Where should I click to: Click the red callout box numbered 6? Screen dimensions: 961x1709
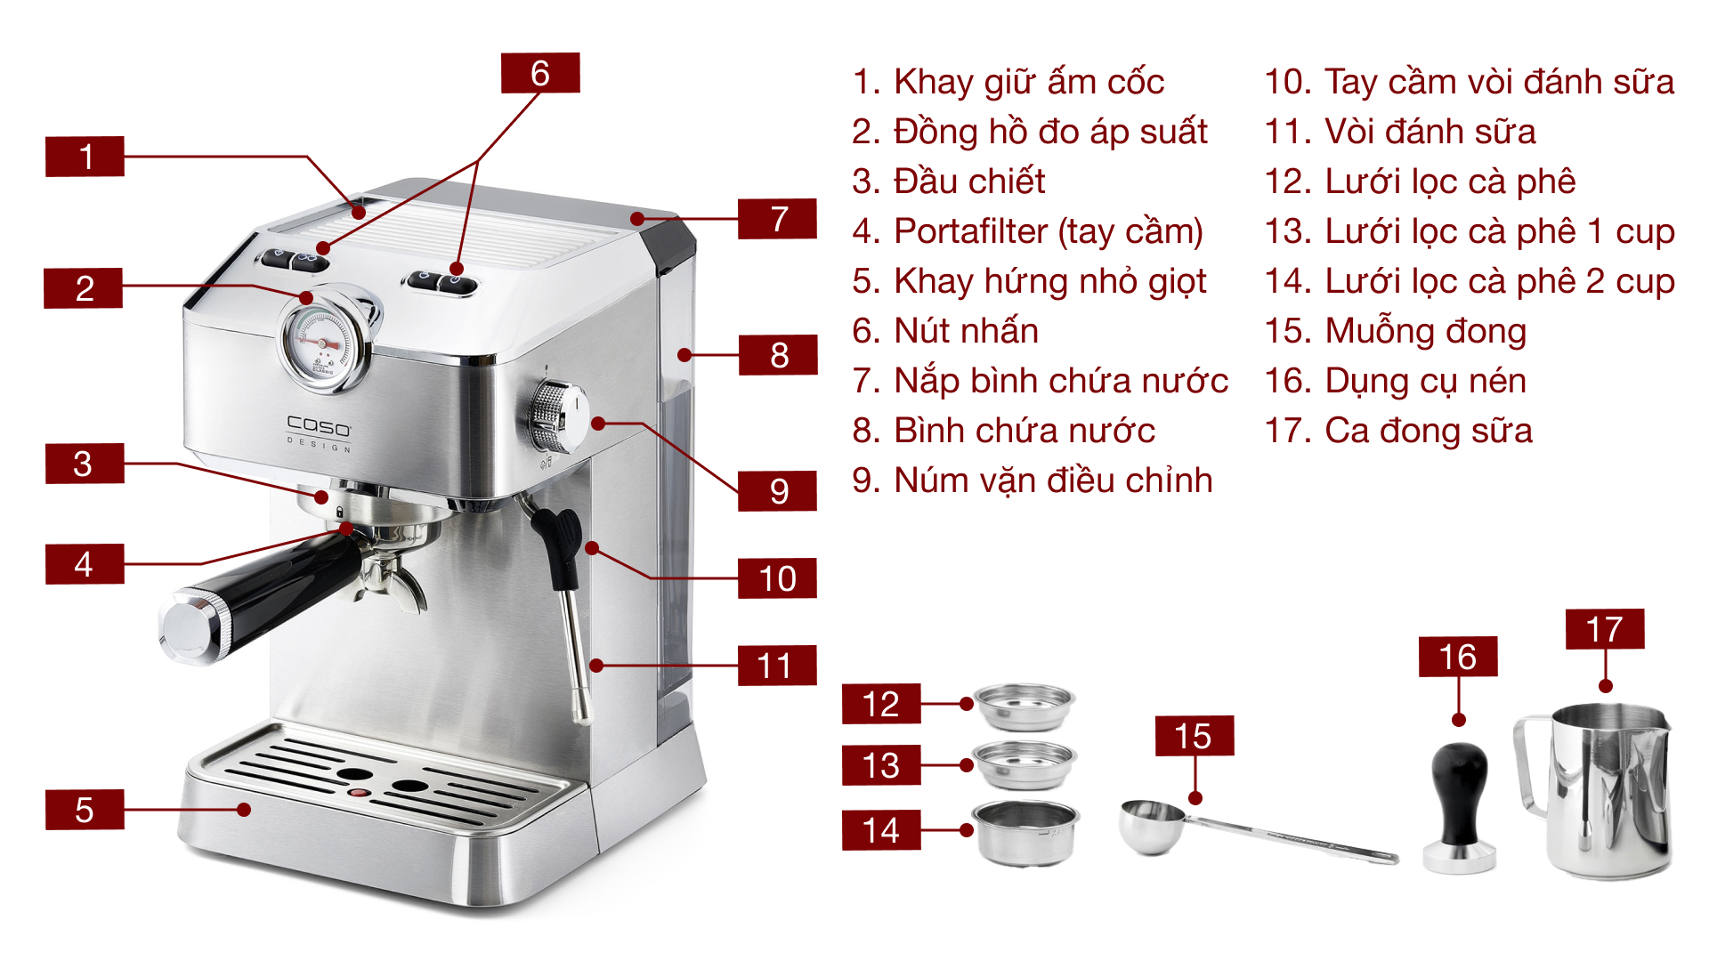click(540, 73)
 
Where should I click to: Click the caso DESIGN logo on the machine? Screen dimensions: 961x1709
click(319, 432)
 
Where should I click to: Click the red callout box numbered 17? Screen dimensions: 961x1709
click(1604, 629)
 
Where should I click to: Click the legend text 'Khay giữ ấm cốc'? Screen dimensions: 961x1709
click(1028, 82)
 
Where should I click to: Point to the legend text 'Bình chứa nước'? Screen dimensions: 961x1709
click(1024, 431)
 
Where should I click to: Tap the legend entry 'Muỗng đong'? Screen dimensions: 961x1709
click(1425, 331)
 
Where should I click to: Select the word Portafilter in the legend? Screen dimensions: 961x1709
click(970, 231)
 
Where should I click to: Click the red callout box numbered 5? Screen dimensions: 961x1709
click(85, 810)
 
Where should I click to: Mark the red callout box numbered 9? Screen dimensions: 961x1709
click(777, 491)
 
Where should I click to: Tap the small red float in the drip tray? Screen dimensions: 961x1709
click(358, 791)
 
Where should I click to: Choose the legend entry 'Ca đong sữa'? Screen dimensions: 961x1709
click(1428, 431)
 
